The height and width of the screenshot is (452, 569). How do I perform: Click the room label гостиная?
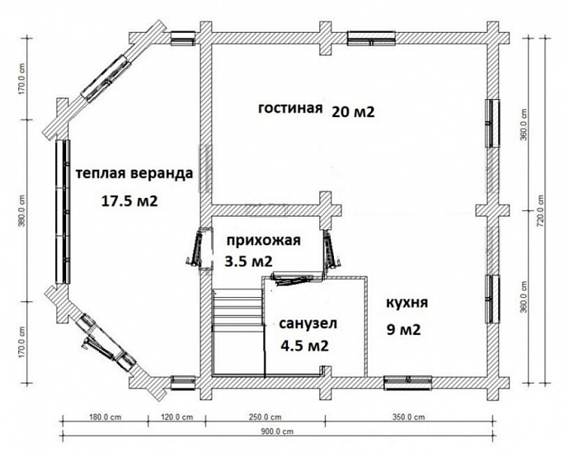(x=289, y=111)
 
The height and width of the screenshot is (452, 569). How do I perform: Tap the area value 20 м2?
(x=353, y=112)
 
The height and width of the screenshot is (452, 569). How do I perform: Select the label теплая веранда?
(x=134, y=174)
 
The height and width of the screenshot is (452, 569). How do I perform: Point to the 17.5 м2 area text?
(x=129, y=200)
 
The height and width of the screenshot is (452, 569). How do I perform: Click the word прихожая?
(x=256, y=241)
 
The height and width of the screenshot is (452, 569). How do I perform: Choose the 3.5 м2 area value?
(x=249, y=261)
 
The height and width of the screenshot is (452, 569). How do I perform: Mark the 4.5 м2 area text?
(x=304, y=346)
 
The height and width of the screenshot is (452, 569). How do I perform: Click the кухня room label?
(x=407, y=304)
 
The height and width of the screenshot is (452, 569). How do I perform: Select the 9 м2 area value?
(x=404, y=331)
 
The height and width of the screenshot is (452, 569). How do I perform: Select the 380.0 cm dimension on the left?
(x=23, y=211)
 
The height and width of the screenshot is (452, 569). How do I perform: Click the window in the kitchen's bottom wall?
(x=408, y=381)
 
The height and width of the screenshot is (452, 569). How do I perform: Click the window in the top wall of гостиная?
(x=370, y=36)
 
